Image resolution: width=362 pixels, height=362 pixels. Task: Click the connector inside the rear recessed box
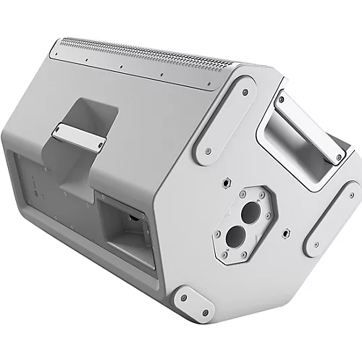pos(135,215)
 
